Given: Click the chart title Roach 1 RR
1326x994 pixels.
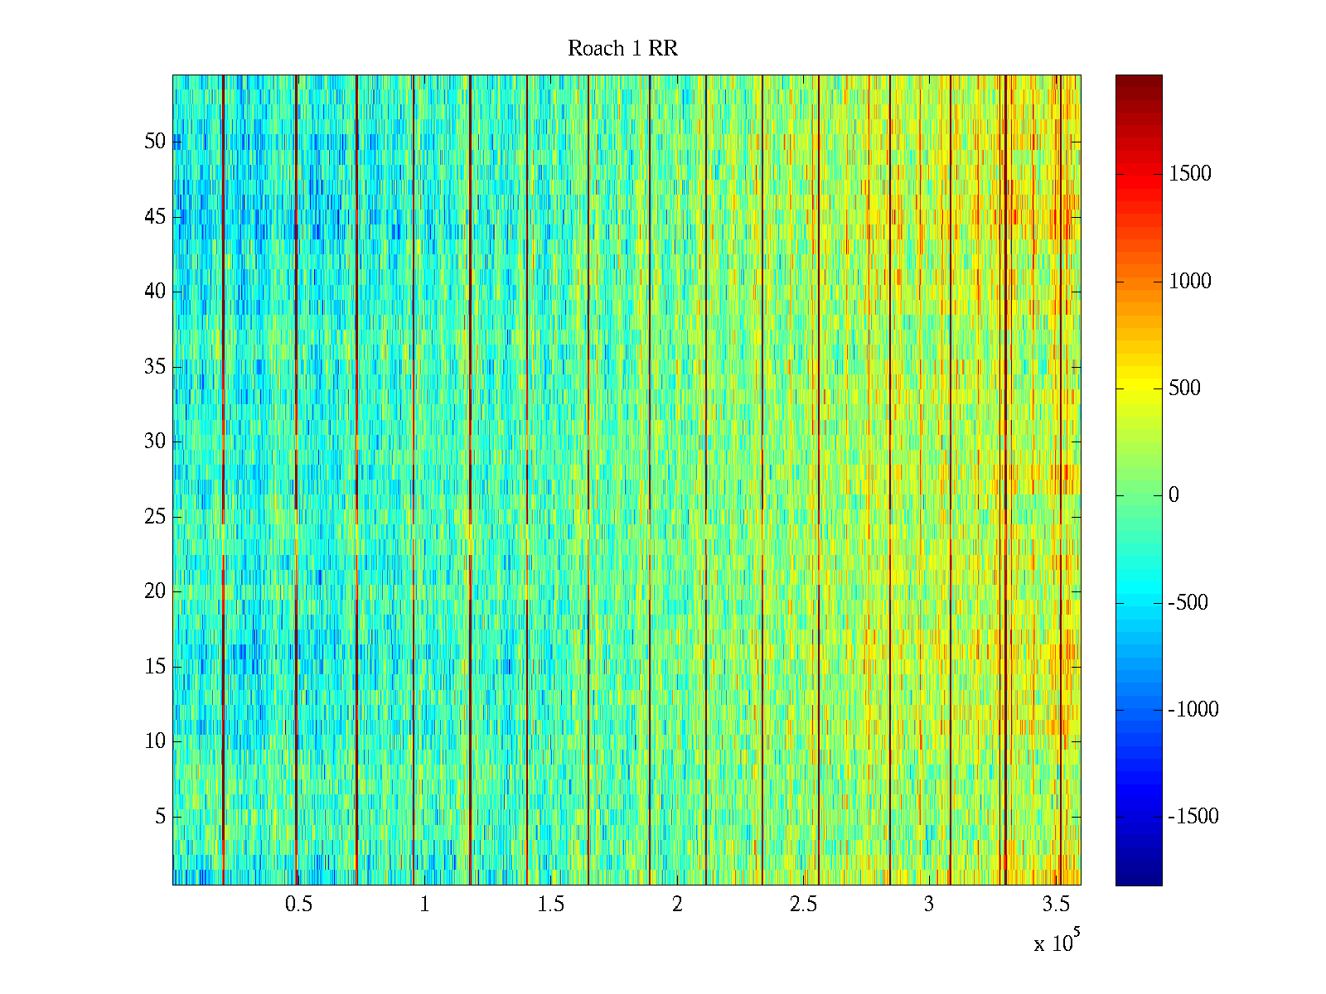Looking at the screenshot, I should (x=622, y=49).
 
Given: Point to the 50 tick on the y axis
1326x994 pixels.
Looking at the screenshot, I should (x=155, y=142).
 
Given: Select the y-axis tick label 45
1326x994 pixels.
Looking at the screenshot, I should (x=155, y=217).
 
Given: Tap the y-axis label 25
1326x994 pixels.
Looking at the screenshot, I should (x=155, y=517).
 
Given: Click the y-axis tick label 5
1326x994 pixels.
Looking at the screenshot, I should (x=160, y=817).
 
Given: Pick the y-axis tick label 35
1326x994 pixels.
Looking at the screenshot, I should (x=155, y=367).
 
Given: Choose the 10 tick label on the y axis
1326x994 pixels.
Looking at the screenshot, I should (x=155, y=741).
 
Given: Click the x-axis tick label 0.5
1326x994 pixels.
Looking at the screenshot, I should (x=298, y=905).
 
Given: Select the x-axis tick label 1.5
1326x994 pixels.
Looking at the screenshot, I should (x=551, y=905).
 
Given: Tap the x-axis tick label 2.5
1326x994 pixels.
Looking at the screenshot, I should (x=803, y=905).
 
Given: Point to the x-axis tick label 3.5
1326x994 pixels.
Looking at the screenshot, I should (x=1056, y=905).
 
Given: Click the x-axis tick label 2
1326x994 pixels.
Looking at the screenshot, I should (x=677, y=905).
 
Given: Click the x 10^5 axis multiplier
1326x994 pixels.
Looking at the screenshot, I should (x=1056, y=943).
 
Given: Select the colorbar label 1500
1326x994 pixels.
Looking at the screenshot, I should (x=1190, y=174).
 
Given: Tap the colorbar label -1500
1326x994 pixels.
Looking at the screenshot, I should (x=1193, y=817).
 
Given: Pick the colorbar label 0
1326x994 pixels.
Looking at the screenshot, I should (x=1174, y=495).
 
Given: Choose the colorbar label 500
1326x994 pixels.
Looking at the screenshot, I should (x=1184, y=388).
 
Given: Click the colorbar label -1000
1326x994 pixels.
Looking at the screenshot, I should (x=1193, y=710).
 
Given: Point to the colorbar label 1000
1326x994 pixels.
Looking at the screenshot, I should (x=1190, y=282).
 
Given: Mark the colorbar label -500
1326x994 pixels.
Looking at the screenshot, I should (x=1188, y=603).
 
